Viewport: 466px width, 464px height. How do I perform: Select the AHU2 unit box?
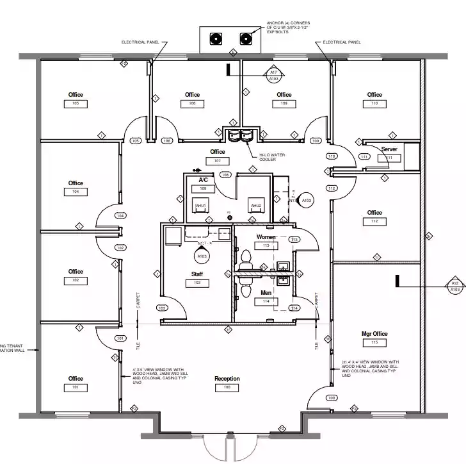(256, 205)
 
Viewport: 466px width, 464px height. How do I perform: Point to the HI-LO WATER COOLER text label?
(272, 157)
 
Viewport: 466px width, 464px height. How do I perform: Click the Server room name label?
(389, 149)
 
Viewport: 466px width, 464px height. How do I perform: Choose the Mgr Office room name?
(374, 334)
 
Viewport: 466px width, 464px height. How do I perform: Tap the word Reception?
(227, 379)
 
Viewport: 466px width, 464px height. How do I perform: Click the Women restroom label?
(266, 237)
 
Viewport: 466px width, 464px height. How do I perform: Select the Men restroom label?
(266, 293)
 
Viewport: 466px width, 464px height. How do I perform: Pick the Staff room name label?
(197, 274)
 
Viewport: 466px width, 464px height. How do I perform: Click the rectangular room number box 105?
(76, 103)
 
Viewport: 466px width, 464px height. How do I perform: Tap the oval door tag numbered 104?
(120, 216)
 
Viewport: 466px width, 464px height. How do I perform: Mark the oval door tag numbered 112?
(332, 188)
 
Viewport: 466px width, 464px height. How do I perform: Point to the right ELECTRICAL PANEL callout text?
(342, 42)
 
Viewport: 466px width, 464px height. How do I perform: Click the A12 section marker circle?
(455, 286)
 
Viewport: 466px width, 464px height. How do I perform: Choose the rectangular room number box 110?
(374, 103)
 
